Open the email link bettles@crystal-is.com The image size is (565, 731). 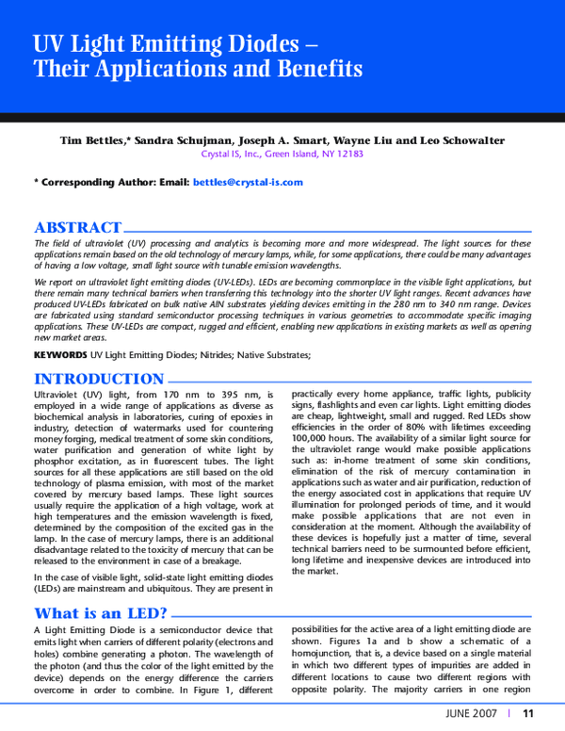tap(248, 182)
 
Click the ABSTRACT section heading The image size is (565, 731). tap(77, 227)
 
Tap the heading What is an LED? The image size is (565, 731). tap(101, 614)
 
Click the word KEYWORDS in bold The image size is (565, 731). tap(60, 355)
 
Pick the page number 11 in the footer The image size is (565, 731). tap(528, 713)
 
